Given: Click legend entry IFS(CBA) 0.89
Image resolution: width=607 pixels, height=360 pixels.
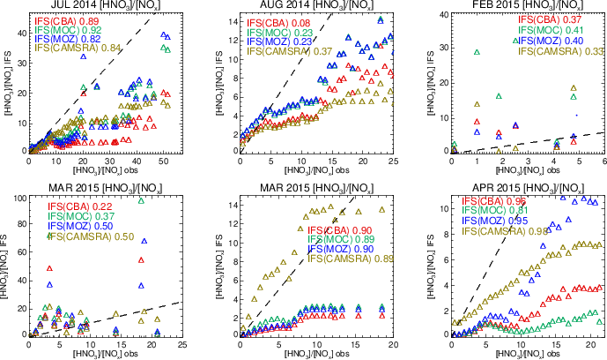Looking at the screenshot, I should [x=75, y=19].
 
